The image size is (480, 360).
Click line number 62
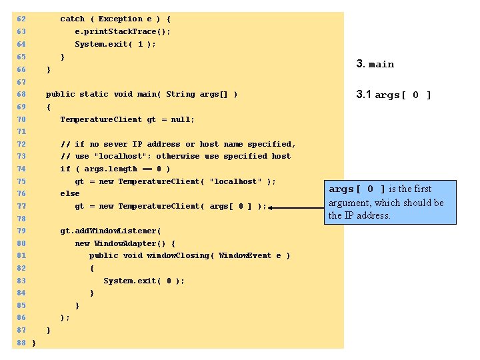tap(21, 19)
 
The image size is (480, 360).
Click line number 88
tap(21, 343)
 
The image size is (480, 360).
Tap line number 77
tap(21, 206)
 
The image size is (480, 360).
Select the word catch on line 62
tap(73, 19)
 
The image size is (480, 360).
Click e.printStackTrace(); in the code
tap(123, 31)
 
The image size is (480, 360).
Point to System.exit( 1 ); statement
tap(115, 44)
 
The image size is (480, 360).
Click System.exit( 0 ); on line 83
tap(144, 281)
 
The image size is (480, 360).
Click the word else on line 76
tap(70, 193)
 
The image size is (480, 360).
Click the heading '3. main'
tap(375, 64)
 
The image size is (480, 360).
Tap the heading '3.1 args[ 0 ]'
tap(394, 95)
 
